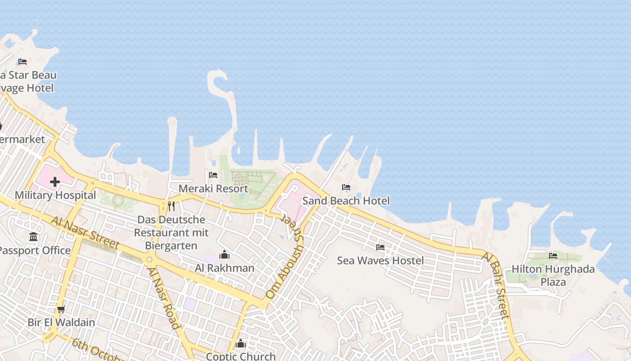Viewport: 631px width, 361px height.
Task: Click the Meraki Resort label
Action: pos(213,189)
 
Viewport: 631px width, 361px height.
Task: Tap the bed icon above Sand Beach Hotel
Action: pos(346,187)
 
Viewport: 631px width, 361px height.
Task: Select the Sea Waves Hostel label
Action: pos(380,260)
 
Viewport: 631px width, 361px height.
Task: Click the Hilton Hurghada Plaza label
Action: pos(553,275)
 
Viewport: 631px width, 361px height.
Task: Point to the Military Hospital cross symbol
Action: pos(55,182)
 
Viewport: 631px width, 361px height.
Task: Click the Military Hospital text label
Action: pos(55,195)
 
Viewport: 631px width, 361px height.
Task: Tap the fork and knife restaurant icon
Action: pos(171,206)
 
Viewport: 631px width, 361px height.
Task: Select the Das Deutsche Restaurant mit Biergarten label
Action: pos(171,233)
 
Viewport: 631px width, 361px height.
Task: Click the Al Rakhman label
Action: pos(224,268)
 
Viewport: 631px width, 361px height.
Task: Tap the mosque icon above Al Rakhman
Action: pos(224,255)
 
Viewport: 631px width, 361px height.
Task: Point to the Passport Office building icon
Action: pos(33,237)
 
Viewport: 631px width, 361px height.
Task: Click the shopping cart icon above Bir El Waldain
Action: pos(61,310)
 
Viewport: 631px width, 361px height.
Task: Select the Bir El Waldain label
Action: pos(61,322)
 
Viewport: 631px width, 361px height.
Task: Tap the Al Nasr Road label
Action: pos(164,298)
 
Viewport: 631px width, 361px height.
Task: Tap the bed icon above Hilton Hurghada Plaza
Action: pos(553,256)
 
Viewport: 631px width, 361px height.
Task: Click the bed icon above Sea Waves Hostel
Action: pos(380,247)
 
